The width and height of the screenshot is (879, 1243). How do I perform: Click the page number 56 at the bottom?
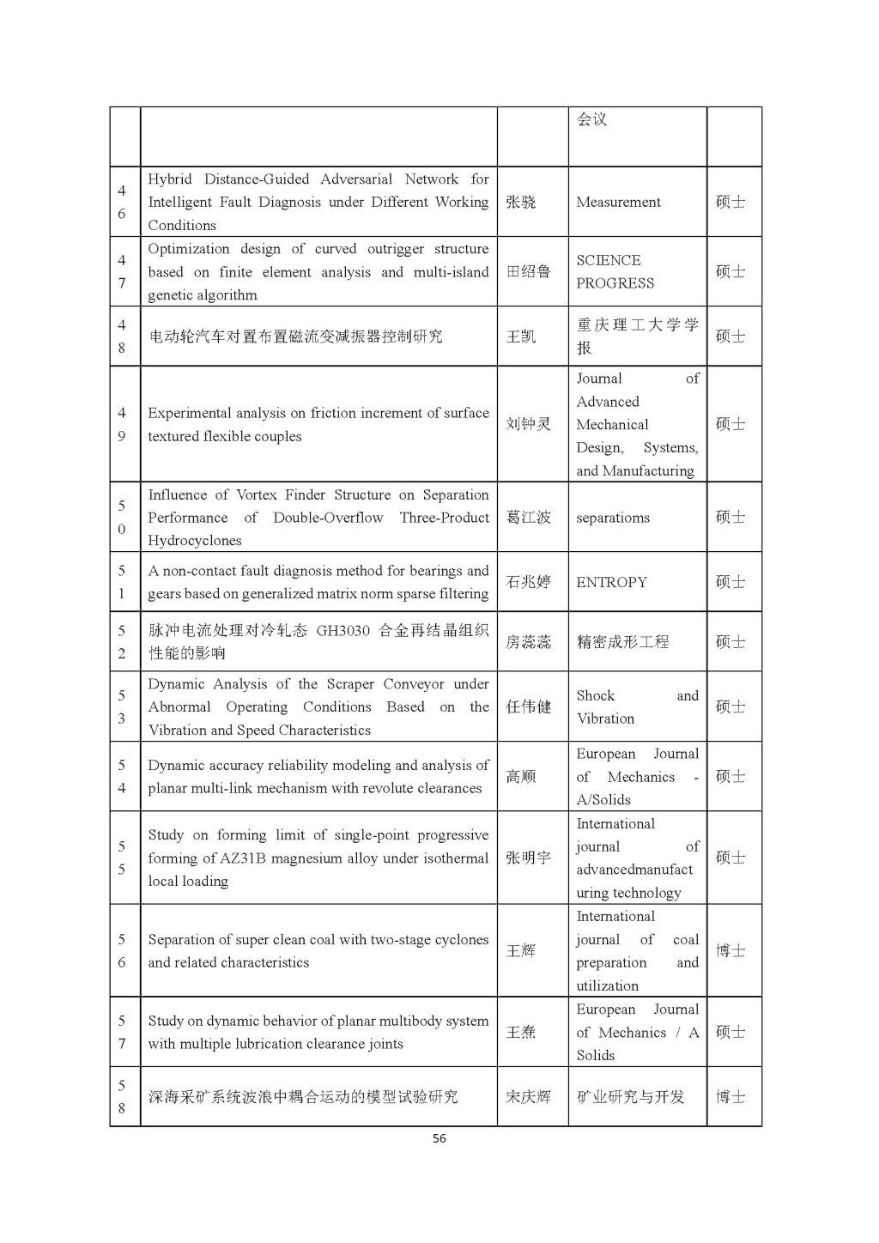(439, 1138)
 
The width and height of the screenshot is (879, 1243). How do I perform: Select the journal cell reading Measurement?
(618, 202)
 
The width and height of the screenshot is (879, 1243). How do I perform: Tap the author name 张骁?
(521, 202)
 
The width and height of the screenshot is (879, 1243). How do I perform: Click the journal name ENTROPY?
(611, 582)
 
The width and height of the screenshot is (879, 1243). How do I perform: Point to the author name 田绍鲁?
(528, 271)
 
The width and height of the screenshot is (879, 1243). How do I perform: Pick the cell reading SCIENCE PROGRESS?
(615, 271)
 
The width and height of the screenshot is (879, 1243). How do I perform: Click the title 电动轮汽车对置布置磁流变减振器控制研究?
(295, 337)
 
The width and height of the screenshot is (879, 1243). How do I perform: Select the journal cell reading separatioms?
(612, 518)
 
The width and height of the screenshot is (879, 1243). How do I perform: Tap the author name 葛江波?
(528, 518)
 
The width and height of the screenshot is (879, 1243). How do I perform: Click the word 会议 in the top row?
(591, 119)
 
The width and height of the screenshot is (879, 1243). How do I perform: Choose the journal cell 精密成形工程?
(622, 641)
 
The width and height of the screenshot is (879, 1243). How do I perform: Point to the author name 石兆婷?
(528, 582)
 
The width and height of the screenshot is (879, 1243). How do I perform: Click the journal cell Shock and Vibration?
(636, 707)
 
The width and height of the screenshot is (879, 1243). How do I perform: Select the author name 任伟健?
(528, 707)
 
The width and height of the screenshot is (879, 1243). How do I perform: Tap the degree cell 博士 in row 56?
(730, 950)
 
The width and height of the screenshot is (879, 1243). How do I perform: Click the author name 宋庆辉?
(528, 1096)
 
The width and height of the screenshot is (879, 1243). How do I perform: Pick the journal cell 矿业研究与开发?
(630, 1096)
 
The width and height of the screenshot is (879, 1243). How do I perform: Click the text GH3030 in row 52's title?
(343, 630)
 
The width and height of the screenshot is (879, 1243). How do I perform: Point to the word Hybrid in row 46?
(170, 179)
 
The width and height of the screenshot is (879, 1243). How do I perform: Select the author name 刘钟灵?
(528, 424)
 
